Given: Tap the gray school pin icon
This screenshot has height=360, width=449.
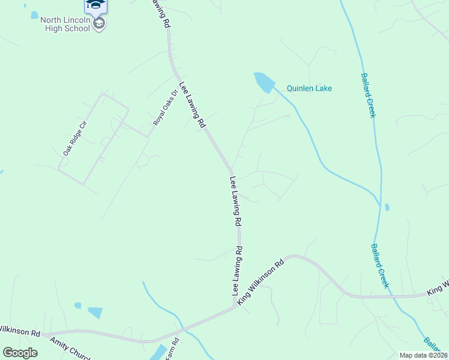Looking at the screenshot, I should pos(100,23).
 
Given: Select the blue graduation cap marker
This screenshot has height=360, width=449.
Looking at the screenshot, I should pos(95,5).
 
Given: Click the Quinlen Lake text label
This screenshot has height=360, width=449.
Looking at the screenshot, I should pos(309,88).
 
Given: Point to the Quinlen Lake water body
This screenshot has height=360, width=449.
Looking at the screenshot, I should pos(264,82).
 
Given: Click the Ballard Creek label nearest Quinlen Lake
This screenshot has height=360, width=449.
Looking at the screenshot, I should pos(368,95).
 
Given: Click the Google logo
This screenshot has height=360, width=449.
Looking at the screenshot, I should pos(20,353).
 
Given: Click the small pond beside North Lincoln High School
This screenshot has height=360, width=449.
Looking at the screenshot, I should pos(34,15).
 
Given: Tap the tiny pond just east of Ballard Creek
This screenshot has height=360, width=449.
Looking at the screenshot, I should pos(387,208).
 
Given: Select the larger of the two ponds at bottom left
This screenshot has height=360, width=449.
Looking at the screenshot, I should pos(95,313).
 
